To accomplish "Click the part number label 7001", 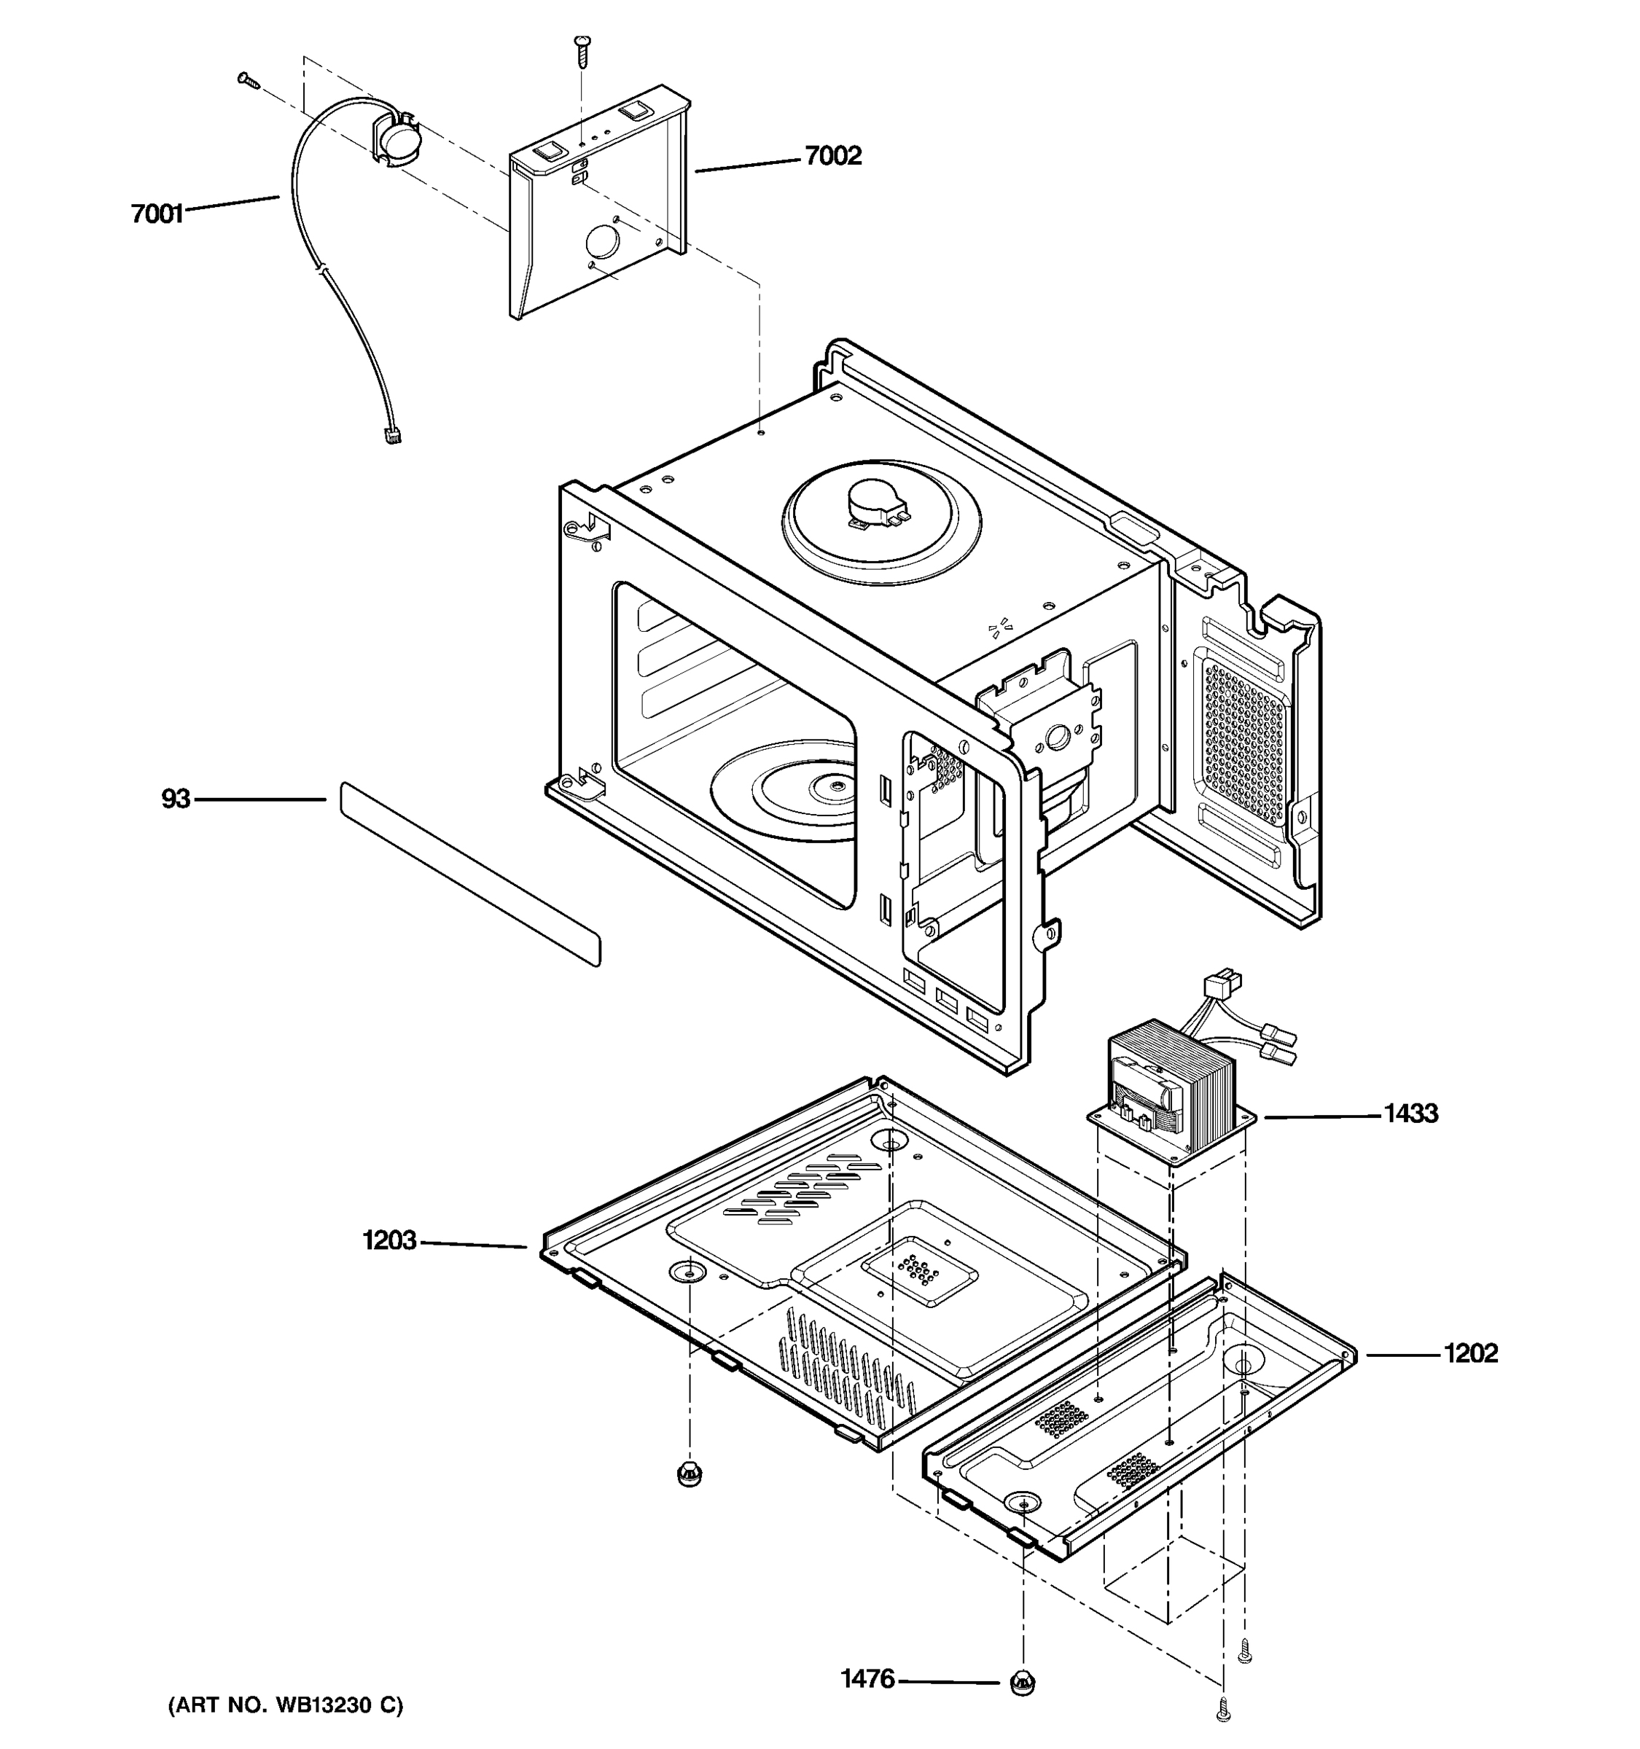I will [x=157, y=214].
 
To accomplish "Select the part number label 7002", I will [x=832, y=156].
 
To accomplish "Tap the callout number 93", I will [x=175, y=799].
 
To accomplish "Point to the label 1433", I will [x=1410, y=1114].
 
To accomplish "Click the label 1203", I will [x=389, y=1240].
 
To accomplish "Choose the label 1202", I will [x=1469, y=1353].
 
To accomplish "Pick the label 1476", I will [x=867, y=1680].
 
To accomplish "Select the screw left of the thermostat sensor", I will [x=248, y=81].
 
